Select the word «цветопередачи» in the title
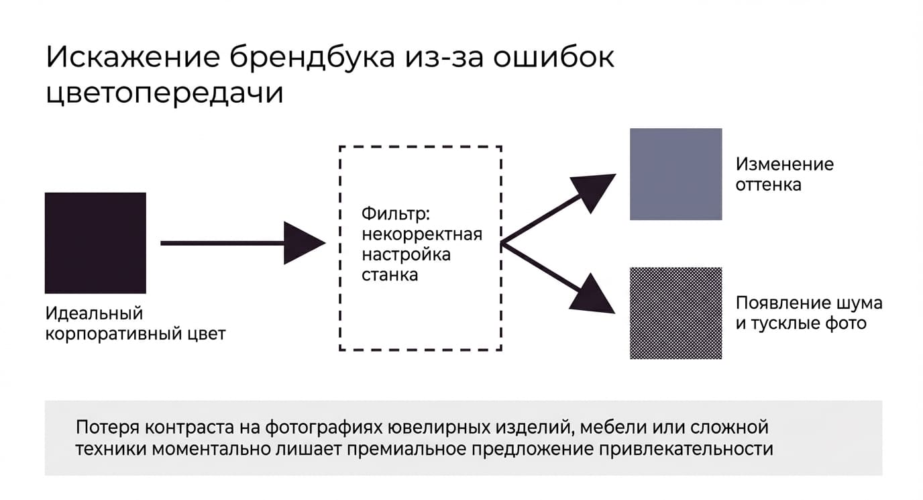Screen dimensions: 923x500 point(164,93)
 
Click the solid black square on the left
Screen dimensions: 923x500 point(95,243)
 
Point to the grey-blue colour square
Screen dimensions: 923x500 point(675,174)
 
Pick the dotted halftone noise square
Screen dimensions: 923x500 point(675,313)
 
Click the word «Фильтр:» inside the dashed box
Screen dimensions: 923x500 point(396,214)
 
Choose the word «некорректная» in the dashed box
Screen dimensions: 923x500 point(422,234)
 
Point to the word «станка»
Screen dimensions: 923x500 point(390,275)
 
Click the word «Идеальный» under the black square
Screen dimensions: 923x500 point(94,313)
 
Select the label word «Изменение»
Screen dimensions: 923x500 point(785,164)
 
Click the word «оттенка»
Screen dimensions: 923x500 point(769,185)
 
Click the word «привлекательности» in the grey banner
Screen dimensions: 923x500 point(686,449)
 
